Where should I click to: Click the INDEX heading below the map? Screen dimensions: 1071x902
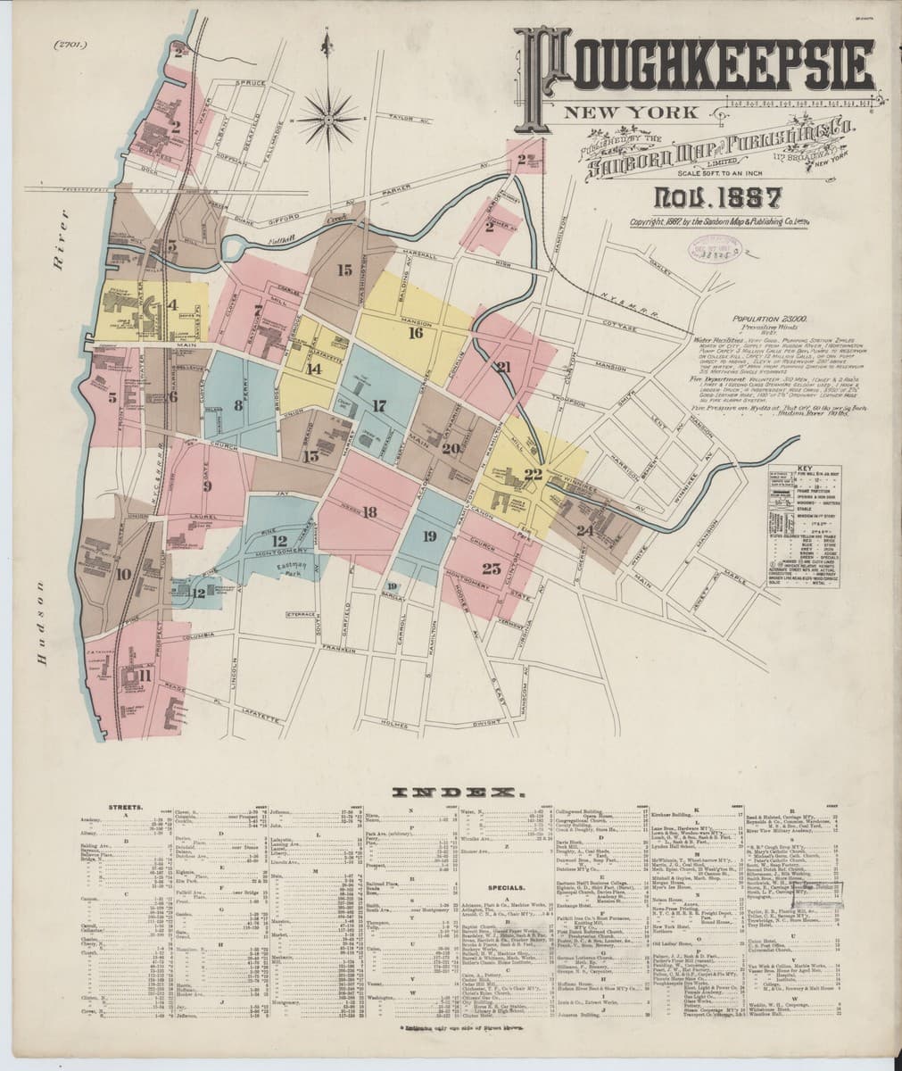point(451,792)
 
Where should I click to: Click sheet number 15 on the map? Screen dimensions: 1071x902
point(344,269)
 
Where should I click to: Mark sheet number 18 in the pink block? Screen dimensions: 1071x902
point(369,512)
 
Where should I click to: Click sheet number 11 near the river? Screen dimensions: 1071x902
point(144,675)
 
